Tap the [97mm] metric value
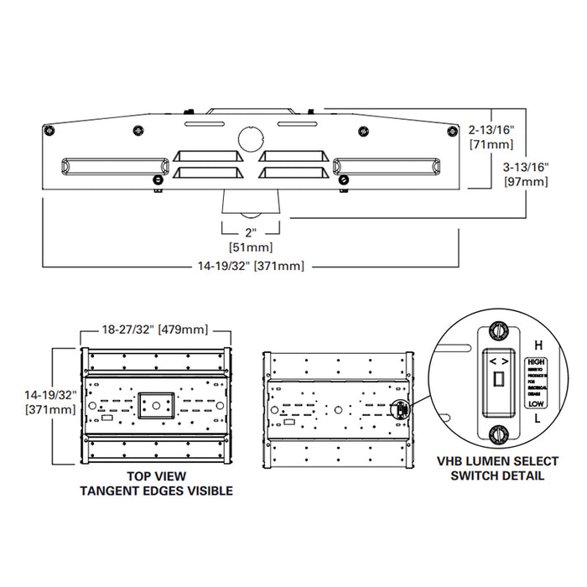[522, 182]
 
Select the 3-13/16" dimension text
[522, 167]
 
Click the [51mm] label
[250, 247]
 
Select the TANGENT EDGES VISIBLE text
[156, 491]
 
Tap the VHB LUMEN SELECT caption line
[491, 461]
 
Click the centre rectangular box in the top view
[156, 407]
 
